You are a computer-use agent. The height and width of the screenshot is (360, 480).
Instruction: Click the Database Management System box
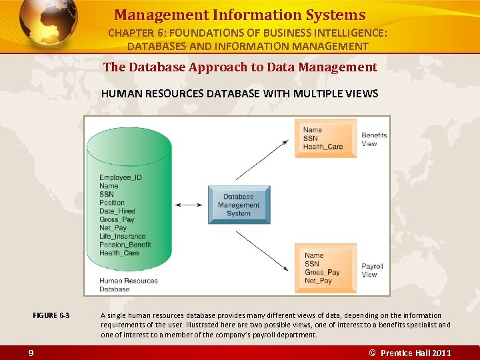tap(239, 205)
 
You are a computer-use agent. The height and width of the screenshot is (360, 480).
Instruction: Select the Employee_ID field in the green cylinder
tap(120, 177)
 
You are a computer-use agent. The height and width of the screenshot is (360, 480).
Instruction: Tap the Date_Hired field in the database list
tap(117, 211)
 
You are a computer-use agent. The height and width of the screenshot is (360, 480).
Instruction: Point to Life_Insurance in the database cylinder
tap(122, 236)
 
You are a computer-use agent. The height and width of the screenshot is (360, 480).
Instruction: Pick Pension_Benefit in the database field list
tap(125, 245)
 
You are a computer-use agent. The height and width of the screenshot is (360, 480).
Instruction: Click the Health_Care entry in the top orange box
tap(323, 147)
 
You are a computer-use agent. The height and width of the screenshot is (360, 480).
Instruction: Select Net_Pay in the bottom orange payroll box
tap(318, 281)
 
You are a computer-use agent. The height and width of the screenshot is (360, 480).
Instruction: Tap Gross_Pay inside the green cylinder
tap(117, 219)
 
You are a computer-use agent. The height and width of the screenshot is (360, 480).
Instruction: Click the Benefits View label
tap(373, 139)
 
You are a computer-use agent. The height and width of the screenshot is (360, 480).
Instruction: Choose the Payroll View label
tap(372, 270)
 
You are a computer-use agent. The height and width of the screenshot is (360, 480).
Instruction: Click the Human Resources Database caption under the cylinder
tap(128, 285)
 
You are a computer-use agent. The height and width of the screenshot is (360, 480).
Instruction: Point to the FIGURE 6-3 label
tap(51, 315)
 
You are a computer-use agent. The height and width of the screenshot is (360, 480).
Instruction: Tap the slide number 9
tap(31, 353)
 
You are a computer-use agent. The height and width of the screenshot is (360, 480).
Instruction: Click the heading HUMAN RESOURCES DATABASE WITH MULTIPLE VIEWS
tap(239, 93)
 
